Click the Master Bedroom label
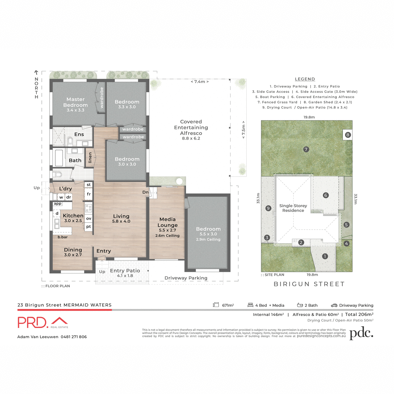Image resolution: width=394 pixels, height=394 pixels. pos(76,102)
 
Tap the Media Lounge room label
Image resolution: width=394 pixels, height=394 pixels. pos(167,222)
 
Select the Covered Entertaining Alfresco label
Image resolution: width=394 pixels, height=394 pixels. pos(191,127)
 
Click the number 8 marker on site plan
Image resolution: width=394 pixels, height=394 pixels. pos(348,135)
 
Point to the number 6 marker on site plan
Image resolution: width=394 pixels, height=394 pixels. pos(326,195)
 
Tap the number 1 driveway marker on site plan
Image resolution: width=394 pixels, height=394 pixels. pos(325,256)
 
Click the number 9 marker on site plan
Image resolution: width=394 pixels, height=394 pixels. pos(268,208)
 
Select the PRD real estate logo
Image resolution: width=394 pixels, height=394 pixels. pos(43,322)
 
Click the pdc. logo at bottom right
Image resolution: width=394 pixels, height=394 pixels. pos(361,333)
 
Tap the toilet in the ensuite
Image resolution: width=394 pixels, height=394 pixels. pos(70,141)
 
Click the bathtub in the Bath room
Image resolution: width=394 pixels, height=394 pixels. pos(59,158)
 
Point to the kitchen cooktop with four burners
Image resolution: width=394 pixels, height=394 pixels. pos(89,208)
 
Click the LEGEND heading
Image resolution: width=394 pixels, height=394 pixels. pos(305,79)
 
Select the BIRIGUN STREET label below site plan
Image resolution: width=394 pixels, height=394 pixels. pos(309,284)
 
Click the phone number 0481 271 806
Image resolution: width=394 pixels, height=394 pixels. pos(74,337)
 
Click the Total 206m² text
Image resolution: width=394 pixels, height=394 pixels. pos(359,315)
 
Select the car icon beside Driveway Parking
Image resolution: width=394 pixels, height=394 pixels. pos(334,305)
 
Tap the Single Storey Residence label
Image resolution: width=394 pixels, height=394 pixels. pos(293,208)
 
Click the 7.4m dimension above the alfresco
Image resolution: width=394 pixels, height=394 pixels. pos(200,82)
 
